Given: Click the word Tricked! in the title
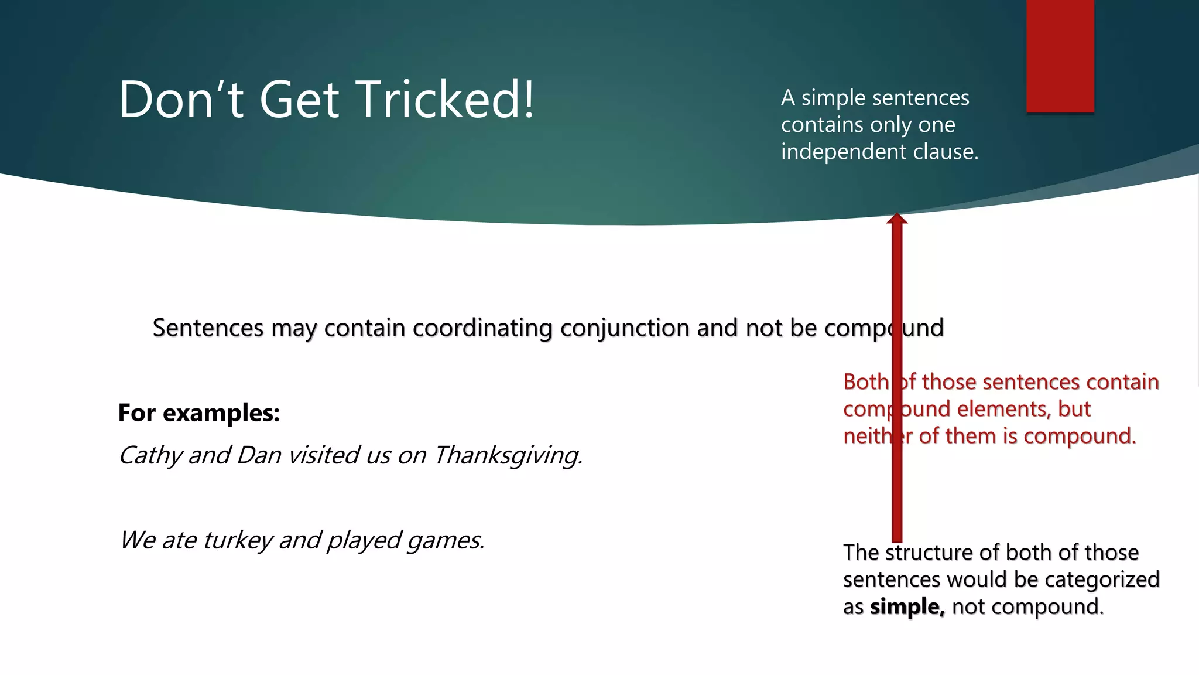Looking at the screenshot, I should [445, 100].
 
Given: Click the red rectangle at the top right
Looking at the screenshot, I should [1060, 56].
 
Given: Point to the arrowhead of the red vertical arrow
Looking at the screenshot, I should [896, 219].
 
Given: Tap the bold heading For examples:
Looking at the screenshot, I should [199, 413].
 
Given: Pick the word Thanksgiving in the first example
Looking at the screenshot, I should [508, 456].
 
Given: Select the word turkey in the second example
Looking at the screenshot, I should [238, 540].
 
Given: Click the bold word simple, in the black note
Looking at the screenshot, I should [907, 606].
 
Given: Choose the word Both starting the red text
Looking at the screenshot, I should [866, 382].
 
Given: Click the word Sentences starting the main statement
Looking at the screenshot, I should [208, 328].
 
